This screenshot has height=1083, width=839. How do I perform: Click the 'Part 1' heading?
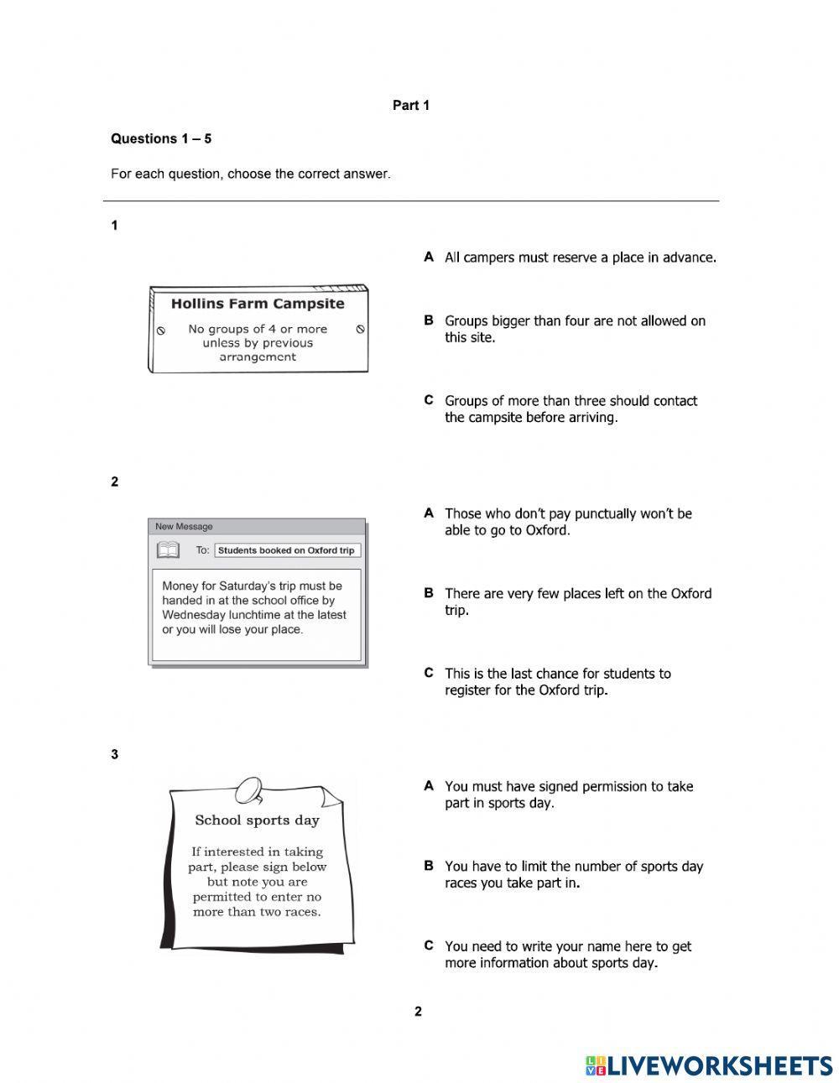[411, 106]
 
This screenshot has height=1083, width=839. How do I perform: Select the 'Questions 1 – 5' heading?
[161, 139]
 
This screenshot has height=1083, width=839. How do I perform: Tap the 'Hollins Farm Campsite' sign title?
[258, 304]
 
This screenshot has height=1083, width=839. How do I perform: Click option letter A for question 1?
[429, 257]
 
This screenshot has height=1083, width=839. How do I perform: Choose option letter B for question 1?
[429, 320]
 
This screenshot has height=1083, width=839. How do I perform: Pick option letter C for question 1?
[429, 400]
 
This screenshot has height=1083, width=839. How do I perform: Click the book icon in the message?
[169, 550]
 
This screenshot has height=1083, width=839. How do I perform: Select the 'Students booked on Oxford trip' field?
[287, 550]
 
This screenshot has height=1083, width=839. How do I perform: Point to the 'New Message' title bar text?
[185, 527]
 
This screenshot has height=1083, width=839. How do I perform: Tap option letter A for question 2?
[429, 513]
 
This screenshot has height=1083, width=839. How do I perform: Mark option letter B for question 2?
[429, 593]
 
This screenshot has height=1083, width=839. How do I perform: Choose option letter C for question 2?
[429, 673]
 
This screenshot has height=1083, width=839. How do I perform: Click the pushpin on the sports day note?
[249, 789]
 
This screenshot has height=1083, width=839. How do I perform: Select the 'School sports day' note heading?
[257, 820]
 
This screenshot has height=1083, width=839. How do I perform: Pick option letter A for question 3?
[429, 786]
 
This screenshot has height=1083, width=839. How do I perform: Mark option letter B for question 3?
[429, 866]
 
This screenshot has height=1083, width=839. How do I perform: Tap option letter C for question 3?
[429, 945]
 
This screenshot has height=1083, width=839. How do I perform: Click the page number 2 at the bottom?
[418, 1012]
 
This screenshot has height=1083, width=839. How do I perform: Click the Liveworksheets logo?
[709, 1065]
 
